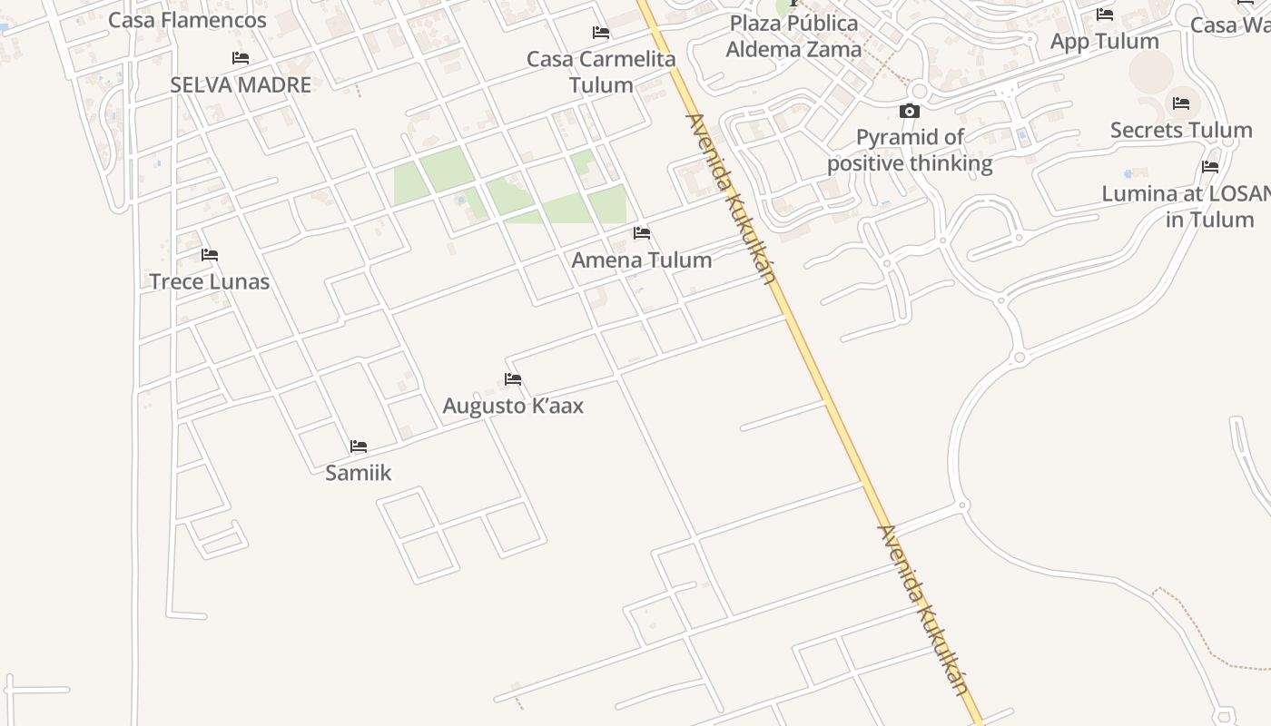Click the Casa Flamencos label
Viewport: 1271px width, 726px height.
coord(187,20)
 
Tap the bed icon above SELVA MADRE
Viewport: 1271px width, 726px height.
coord(241,58)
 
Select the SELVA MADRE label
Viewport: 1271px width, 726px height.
coord(241,84)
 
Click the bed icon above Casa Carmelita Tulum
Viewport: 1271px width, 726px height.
coord(601,33)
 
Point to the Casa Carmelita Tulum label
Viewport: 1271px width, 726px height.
coord(601,72)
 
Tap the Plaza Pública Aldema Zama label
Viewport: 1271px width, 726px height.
coord(793,36)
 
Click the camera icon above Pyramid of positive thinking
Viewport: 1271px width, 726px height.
coord(909,112)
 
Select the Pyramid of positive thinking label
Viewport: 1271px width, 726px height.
coord(910,151)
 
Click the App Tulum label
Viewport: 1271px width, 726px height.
coord(1104,41)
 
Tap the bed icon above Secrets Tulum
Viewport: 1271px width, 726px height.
coord(1181,103)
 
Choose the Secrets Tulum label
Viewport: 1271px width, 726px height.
coord(1181,130)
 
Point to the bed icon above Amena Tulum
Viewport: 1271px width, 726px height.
coord(642,233)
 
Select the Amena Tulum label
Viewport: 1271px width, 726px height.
coord(642,260)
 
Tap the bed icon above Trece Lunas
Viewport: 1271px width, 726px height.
coord(210,255)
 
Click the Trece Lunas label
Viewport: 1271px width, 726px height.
coord(210,281)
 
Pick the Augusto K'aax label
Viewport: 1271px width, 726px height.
coord(513,406)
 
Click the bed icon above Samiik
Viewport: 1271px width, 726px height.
coord(359,446)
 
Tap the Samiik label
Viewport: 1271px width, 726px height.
coord(359,473)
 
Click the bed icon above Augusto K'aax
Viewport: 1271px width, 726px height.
coord(513,379)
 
